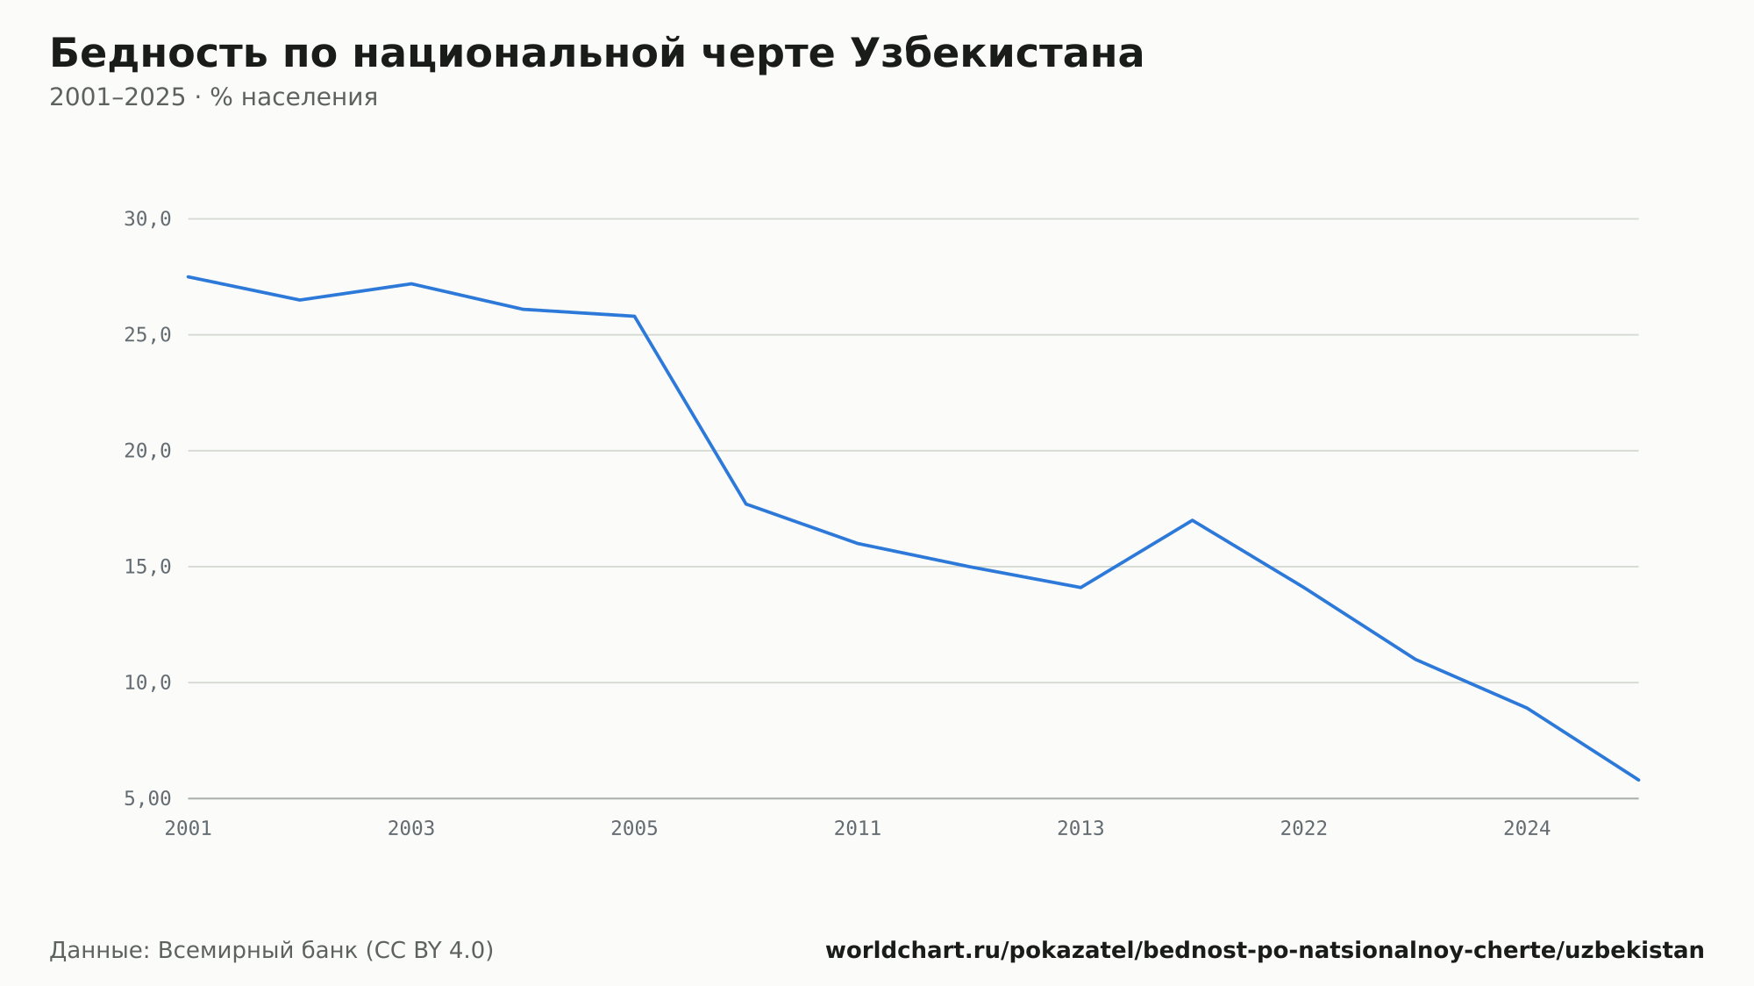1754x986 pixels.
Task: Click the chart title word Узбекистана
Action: coord(997,54)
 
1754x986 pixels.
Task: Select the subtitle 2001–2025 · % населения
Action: coord(213,97)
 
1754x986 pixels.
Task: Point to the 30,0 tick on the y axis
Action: coord(147,219)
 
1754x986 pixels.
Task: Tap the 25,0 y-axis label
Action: coord(147,335)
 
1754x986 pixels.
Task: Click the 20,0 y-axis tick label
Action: coord(147,451)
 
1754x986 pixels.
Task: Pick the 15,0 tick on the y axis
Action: coord(147,567)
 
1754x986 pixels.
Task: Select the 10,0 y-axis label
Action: coord(147,682)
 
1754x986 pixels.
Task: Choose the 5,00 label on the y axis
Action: coord(147,798)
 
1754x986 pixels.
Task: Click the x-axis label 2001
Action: coord(189,829)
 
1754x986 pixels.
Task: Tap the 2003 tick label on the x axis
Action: coord(411,829)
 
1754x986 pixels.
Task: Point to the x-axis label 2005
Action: coord(634,829)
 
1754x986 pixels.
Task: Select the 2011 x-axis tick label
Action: coord(858,829)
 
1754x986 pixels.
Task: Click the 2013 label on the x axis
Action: coord(1080,829)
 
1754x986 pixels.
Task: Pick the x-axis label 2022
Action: coord(1304,829)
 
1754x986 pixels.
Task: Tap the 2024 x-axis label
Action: coord(1527,829)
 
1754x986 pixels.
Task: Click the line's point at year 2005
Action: coord(634,316)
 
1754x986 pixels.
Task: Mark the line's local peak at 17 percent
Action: coord(1192,520)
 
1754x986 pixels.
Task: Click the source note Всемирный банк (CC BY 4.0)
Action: coord(325,951)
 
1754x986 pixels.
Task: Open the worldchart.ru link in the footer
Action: coord(1265,951)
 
